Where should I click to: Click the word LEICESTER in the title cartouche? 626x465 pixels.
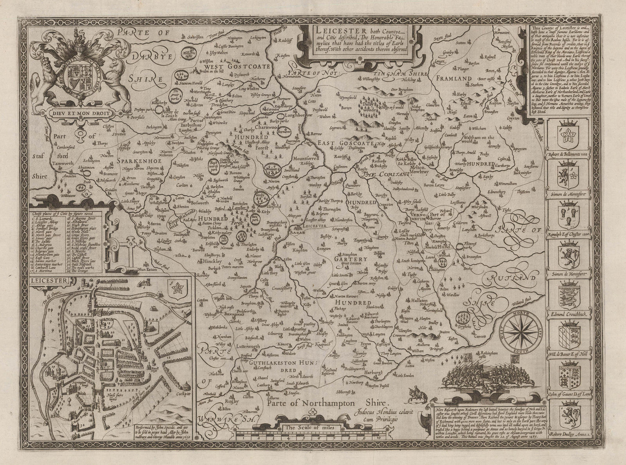coord(333,30)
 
